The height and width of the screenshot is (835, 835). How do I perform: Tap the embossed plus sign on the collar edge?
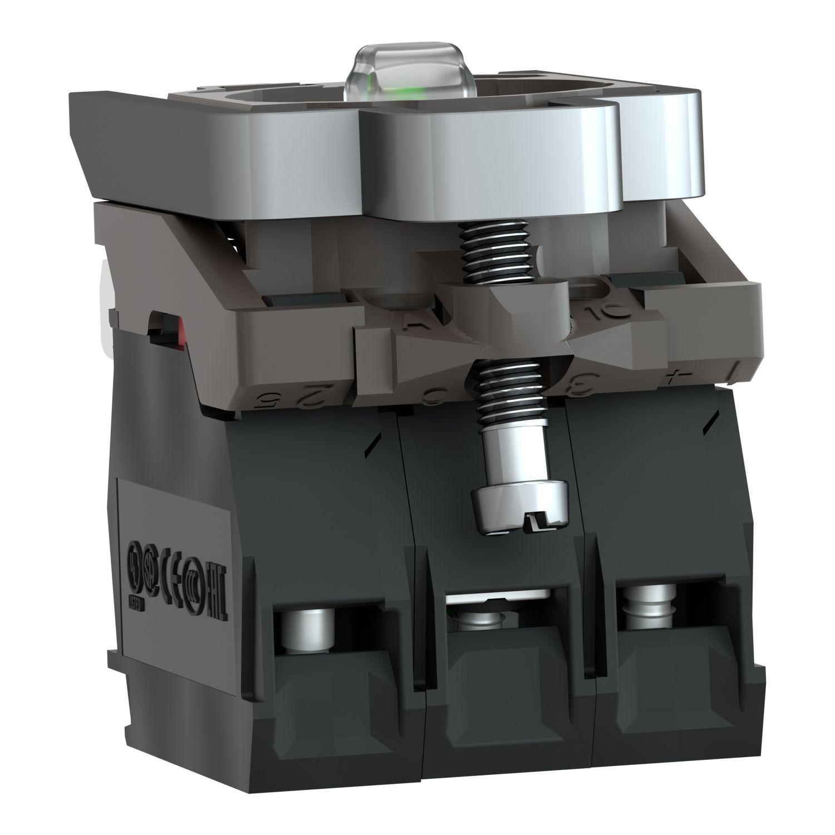click(676, 380)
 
